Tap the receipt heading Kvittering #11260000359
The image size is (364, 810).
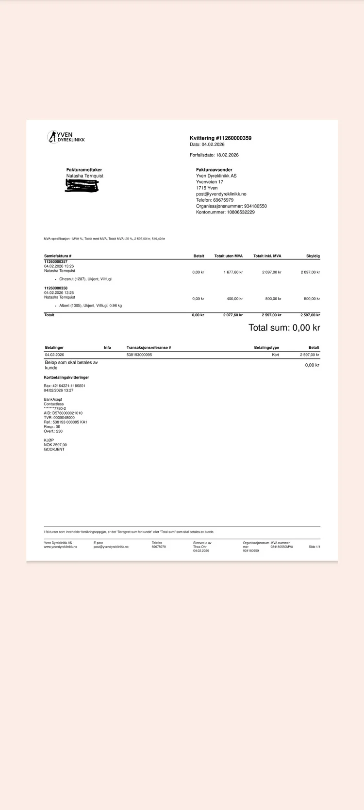220,138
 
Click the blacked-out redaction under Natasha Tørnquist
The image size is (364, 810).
82,186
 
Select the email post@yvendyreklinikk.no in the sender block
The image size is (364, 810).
221,194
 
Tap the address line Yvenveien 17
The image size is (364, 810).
210,182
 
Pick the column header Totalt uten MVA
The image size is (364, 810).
228,256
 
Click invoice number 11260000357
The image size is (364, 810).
56,261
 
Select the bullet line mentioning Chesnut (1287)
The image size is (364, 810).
85,279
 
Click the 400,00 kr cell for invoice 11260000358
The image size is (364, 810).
234,299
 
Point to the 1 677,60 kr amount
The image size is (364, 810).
233,272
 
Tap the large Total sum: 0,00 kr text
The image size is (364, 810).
284,328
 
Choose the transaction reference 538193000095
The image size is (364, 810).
139,355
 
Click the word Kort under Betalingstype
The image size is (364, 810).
275,355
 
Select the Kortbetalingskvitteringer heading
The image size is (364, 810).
66,377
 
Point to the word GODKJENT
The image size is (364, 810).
54,449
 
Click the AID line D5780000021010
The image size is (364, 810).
63,413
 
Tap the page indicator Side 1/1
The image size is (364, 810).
314,547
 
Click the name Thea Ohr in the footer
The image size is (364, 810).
199,547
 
